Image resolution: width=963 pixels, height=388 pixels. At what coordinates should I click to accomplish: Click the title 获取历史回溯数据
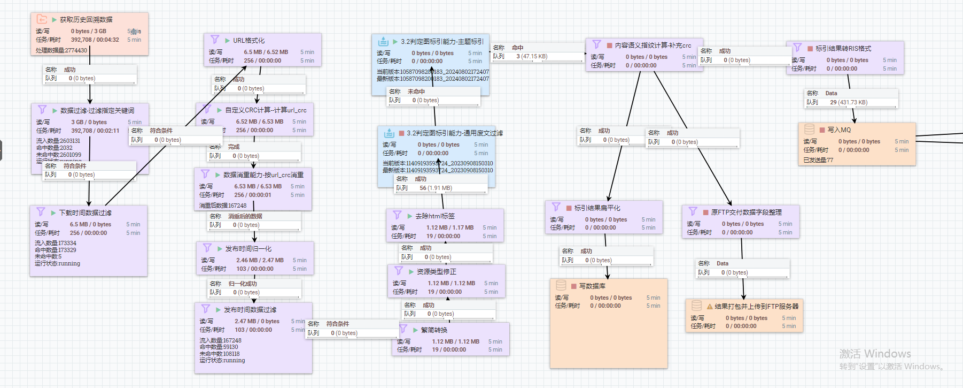coord(86,20)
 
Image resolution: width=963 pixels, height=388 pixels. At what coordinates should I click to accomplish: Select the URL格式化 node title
coord(248,41)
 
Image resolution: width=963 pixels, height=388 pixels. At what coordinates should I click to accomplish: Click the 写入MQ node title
coord(839,130)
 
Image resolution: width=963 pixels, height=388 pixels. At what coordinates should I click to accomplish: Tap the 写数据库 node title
coord(592,286)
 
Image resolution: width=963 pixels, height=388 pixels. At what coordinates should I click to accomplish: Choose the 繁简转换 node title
coord(434,330)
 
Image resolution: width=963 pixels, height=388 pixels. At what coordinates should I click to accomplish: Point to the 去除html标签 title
coord(434,216)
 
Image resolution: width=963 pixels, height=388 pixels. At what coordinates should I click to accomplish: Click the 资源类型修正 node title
coord(436,272)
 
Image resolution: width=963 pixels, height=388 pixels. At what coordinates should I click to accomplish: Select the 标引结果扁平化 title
coord(597,208)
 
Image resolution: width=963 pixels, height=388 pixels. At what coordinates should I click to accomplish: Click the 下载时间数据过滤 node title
coord(85,213)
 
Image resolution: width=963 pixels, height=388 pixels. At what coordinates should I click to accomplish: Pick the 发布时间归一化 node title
coord(248,249)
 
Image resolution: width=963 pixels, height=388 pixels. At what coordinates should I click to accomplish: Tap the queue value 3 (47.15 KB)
coord(531,56)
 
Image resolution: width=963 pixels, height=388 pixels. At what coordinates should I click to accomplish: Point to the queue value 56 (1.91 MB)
coord(436,188)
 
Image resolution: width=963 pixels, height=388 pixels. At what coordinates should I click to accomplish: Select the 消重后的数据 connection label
coord(245,216)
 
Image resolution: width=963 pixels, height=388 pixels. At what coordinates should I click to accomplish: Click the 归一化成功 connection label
coord(242,284)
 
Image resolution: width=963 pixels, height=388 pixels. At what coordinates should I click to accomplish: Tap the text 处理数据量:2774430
coord(61,50)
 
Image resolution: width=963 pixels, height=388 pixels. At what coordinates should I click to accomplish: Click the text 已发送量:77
coord(818,160)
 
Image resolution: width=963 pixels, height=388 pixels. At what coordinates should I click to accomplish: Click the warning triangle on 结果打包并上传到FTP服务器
coord(710,307)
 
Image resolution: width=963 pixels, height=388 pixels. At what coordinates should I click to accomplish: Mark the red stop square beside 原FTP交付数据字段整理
coord(705,212)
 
